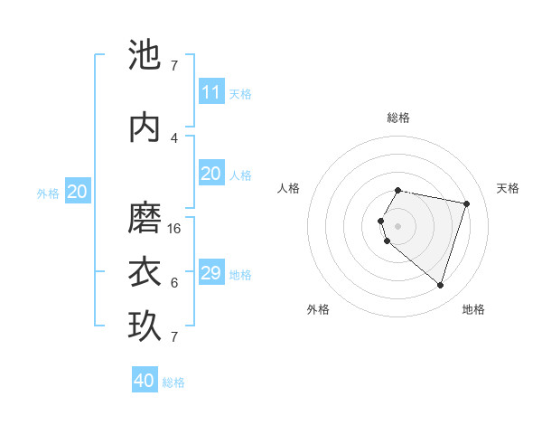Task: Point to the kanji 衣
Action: point(145,272)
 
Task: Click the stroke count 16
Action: point(174,229)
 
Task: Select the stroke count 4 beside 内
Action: point(173,138)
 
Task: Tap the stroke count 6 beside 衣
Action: point(173,283)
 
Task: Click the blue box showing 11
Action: point(210,92)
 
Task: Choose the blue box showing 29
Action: point(210,273)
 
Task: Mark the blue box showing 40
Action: point(145,381)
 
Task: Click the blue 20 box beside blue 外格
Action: point(77,192)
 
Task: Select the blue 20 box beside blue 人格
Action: point(210,174)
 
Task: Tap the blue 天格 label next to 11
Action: point(240,93)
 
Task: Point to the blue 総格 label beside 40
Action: point(173,382)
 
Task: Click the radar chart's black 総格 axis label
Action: point(398,118)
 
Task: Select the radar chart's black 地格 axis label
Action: point(473,309)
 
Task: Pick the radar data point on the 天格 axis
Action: point(466,203)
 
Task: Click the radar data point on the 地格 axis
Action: point(440,285)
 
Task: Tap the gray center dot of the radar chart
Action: point(398,225)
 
